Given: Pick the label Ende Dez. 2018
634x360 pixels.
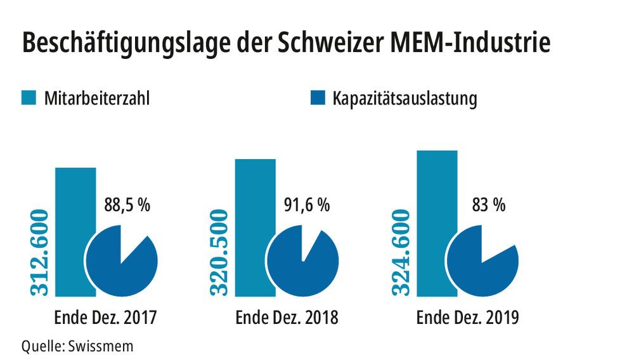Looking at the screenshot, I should tap(287, 317).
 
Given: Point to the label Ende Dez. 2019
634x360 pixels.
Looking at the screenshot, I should tap(467, 317).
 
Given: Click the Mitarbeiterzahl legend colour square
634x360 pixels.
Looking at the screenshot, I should tap(29, 98).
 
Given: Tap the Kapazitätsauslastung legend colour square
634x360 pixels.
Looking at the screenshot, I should tap(318, 98).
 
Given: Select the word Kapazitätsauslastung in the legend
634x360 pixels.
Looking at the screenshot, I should tap(404, 100).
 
